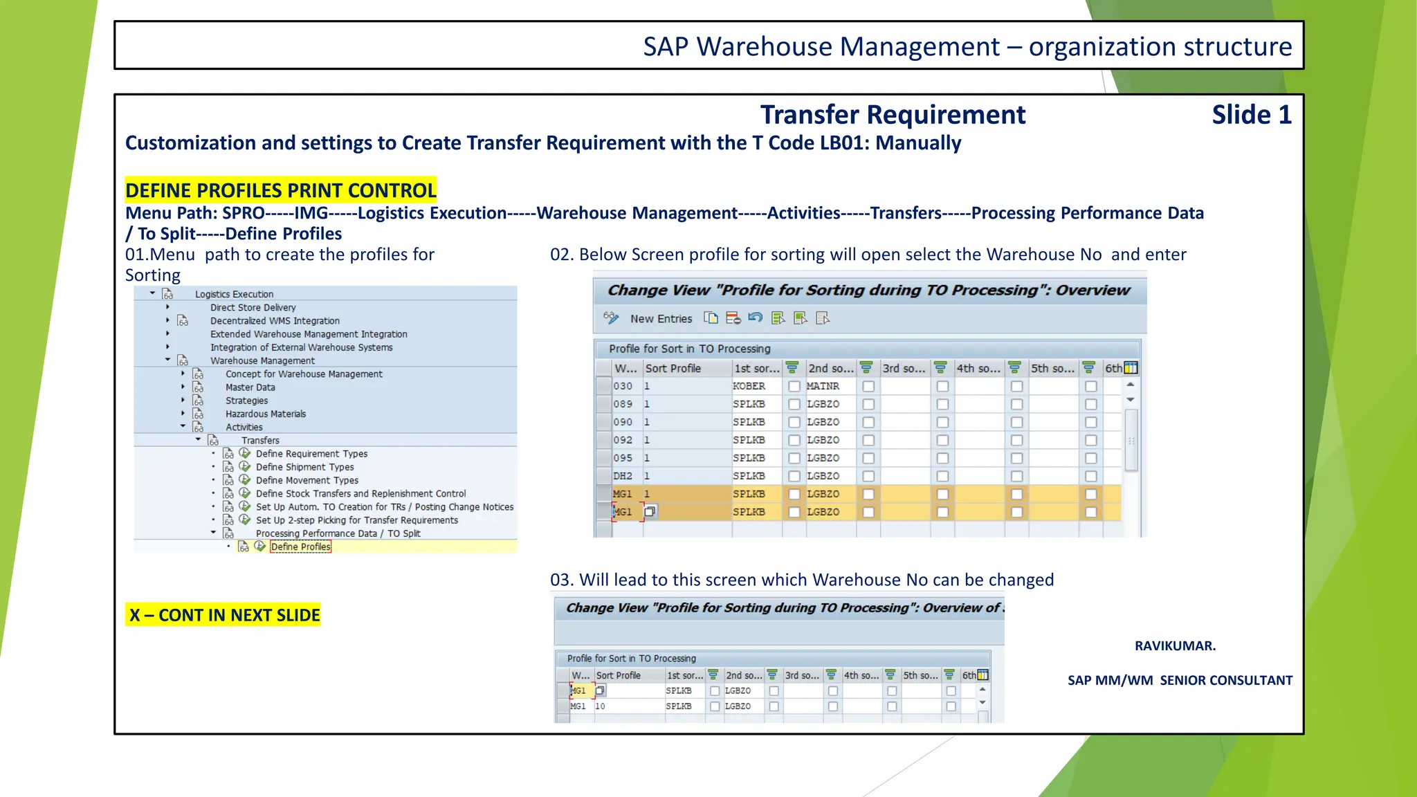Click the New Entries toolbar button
[x=660, y=319]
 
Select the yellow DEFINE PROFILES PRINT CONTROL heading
[x=280, y=190]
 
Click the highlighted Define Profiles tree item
[x=300, y=547]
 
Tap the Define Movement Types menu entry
[x=307, y=480]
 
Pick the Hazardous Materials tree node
[x=265, y=414]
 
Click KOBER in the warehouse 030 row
[x=749, y=386]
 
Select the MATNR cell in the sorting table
[x=823, y=386]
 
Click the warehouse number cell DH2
[x=622, y=476]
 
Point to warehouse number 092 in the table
[x=622, y=440]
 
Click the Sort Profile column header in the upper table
[x=673, y=369]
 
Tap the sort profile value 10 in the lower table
[x=600, y=706]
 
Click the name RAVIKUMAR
[x=1175, y=645]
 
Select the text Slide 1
[x=1251, y=115]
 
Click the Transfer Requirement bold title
[x=893, y=115]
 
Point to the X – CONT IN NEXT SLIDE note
[x=223, y=615]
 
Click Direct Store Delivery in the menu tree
[x=253, y=308]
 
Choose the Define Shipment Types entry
[x=304, y=467]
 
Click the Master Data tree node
[x=250, y=387]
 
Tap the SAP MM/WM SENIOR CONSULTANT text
[x=1180, y=680]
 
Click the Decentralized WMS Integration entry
[x=275, y=321]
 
